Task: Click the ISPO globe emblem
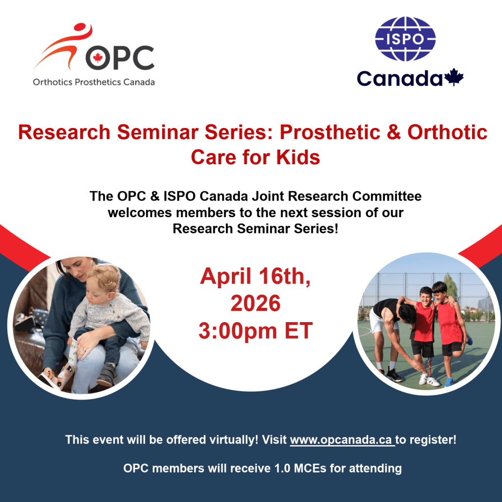click(x=405, y=39)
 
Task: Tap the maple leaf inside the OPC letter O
click(x=98, y=58)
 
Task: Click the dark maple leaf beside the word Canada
click(x=453, y=77)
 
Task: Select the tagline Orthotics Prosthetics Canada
click(x=94, y=82)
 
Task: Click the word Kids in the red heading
click(x=298, y=157)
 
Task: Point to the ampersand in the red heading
click(x=394, y=132)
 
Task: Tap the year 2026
click(x=255, y=303)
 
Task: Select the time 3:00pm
click(x=238, y=331)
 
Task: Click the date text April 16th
click(x=255, y=276)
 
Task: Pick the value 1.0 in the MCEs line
click(x=283, y=468)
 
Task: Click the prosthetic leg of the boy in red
click(x=429, y=368)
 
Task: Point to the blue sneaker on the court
click(x=449, y=381)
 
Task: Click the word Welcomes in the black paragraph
click(x=140, y=213)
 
